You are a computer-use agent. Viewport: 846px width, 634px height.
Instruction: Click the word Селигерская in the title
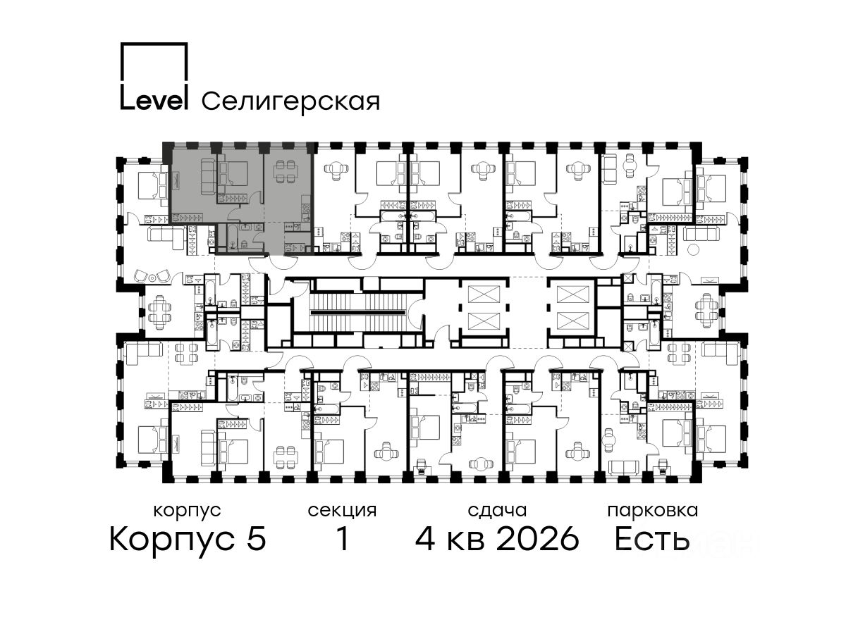[290, 101]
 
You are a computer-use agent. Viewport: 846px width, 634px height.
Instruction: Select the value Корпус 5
[188, 539]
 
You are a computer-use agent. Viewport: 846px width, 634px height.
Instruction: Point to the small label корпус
[188, 511]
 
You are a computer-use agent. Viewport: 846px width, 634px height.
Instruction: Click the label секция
[342, 511]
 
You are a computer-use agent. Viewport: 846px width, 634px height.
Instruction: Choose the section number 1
[343, 539]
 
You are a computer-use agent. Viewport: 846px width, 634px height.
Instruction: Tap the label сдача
[497, 511]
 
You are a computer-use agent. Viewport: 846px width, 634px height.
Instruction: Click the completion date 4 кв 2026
[497, 539]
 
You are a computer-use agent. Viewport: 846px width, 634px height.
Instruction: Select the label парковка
[653, 511]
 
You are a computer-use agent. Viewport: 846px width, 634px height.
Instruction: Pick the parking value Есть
[651, 539]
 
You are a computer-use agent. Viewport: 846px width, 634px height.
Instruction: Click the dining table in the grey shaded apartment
[285, 172]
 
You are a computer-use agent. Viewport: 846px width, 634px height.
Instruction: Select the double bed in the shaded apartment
[233, 173]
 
